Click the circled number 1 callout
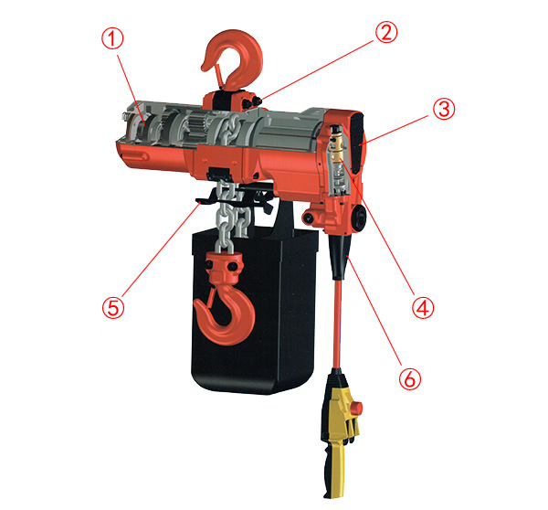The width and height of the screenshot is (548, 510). [112, 38]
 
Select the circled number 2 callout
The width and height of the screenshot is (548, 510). [386, 32]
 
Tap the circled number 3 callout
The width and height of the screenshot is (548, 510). [444, 109]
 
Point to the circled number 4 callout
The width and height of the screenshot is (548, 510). [423, 308]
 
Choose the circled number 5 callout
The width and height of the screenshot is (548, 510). [113, 307]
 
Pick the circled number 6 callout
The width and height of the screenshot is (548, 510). [410, 378]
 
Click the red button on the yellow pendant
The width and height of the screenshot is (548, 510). [357, 409]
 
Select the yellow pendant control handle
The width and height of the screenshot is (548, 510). [338, 434]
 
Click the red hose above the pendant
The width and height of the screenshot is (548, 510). [338, 324]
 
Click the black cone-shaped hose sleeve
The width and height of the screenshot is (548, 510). [339, 257]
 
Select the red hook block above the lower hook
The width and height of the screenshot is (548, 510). [224, 269]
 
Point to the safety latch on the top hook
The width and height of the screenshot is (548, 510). [217, 75]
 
